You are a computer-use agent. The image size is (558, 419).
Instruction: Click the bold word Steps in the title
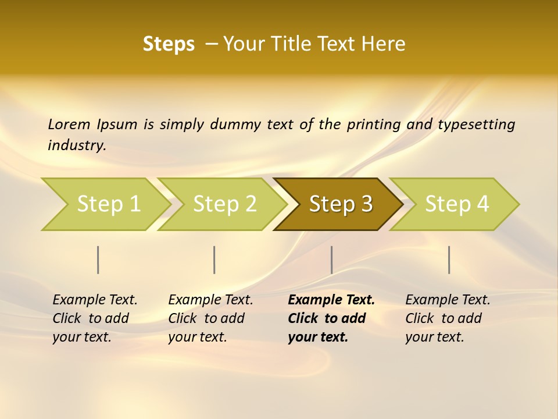tap(169, 44)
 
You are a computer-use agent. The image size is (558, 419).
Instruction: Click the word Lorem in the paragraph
tap(69, 124)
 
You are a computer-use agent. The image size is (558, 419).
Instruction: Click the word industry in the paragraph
tap(76, 145)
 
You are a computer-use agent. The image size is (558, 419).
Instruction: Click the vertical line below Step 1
tap(98, 260)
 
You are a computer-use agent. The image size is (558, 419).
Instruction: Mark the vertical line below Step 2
tap(214, 260)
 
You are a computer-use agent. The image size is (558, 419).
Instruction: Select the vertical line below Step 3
tap(331, 260)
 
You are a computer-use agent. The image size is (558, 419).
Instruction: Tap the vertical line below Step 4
tap(449, 260)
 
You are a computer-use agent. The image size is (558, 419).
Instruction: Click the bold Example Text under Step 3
tap(331, 300)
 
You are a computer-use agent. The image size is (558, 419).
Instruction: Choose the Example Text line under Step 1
tap(95, 300)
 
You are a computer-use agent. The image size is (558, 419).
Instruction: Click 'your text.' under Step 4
tap(434, 338)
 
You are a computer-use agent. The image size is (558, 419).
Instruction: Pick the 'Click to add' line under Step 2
tap(206, 319)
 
